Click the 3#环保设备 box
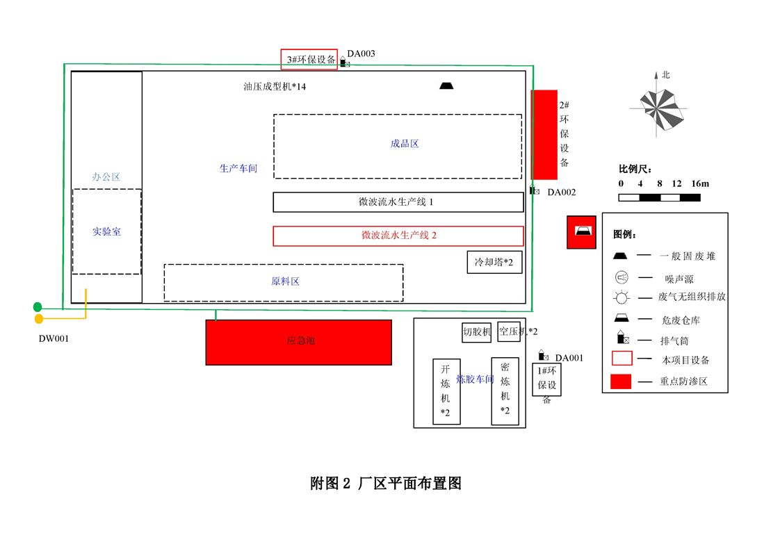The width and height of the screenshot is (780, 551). (309, 59)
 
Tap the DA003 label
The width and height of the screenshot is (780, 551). (361, 54)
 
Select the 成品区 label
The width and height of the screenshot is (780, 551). (405, 144)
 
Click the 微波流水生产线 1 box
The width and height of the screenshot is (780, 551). (398, 202)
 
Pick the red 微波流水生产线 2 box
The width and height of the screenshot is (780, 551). (398, 236)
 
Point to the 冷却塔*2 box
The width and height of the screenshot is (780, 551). (494, 263)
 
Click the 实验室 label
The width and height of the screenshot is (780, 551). (106, 231)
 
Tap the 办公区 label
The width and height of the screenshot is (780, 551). (106, 177)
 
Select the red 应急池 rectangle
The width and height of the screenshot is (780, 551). (298, 342)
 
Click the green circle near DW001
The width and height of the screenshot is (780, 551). (38, 307)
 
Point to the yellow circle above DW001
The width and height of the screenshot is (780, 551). (39, 319)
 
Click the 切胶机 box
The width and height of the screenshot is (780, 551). (477, 332)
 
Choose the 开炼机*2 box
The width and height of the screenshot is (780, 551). (446, 391)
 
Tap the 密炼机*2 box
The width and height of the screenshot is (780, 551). (505, 390)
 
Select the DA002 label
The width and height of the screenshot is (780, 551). (561, 192)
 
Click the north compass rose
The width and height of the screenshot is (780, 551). (657, 109)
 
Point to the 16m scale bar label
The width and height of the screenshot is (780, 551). (700, 184)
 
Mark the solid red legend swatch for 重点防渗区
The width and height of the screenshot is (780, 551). (621, 381)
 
